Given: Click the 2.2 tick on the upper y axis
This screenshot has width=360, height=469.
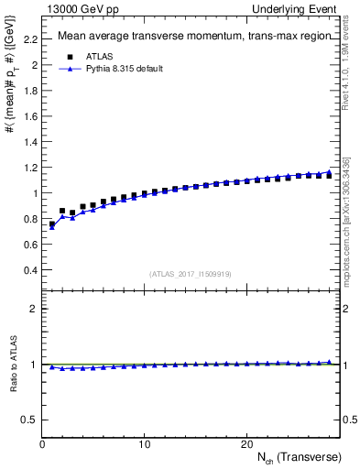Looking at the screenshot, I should click(x=29, y=39).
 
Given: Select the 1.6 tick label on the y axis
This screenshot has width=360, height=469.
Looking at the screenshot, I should click(x=29, y=116).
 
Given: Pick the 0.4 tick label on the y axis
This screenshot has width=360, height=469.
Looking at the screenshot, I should click(x=29, y=270).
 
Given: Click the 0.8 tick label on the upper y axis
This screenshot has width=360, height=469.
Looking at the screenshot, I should click(x=29, y=219).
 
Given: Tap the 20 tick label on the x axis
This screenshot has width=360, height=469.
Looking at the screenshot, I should click(x=246, y=445).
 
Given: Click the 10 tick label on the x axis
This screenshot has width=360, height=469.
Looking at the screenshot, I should click(x=144, y=445).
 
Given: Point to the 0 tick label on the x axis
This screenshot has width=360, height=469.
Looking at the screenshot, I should click(x=42, y=445).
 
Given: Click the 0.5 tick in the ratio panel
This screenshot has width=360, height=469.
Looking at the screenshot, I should click(x=29, y=420).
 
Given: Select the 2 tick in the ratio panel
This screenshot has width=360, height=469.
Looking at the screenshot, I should click(x=33, y=309).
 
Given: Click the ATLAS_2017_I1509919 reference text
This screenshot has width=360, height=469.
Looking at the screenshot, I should click(x=191, y=274).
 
